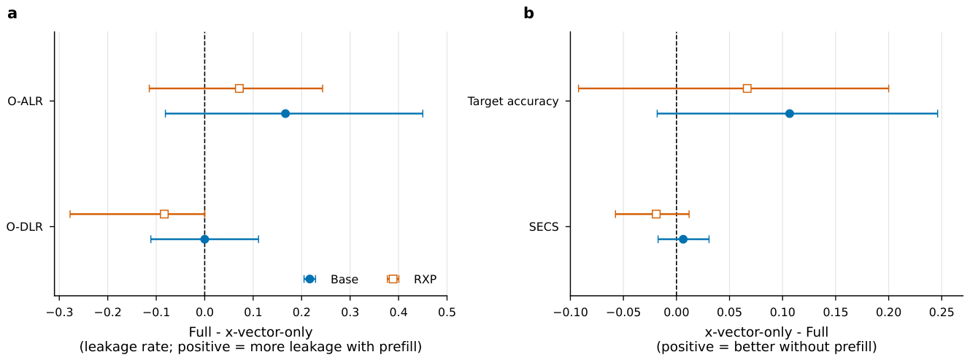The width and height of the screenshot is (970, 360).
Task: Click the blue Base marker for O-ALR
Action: [285, 113]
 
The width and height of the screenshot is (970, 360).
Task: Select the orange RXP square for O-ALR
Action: [239, 88]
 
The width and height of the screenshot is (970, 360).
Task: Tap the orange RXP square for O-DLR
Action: [164, 214]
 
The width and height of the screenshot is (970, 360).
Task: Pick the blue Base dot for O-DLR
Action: [205, 239]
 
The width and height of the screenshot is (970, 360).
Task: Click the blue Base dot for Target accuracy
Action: [790, 113]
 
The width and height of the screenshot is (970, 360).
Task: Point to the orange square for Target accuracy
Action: [747, 88]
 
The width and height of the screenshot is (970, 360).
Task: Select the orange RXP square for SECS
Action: [656, 214]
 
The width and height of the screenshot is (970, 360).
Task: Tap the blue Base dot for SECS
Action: [683, 239]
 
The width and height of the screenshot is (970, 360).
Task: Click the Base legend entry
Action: [331, 280]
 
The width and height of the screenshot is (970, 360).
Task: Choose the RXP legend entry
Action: [412, 280]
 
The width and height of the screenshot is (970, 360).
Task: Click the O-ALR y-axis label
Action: [25, 102]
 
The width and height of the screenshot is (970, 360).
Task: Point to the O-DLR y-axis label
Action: [24, 227]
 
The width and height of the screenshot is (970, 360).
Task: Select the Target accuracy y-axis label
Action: [513, 102]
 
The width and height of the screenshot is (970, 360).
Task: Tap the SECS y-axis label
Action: [544, 227]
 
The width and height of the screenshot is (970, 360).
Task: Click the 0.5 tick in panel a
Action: [447, 313]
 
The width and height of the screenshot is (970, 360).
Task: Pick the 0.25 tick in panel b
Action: [942, 313]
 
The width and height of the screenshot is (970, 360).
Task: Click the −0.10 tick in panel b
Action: [570, 313]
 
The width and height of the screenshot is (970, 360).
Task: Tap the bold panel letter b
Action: [528, 13]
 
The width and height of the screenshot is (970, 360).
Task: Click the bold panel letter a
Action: [12, 14]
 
